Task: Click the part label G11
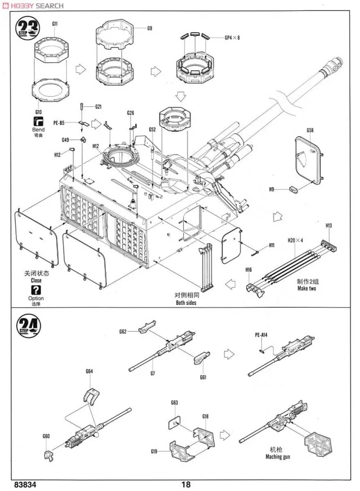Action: [x=55, y=24]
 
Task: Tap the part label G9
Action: [x=150, y=28]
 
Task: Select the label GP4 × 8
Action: [x=232, y=38]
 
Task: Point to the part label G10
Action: [x=38, y=112]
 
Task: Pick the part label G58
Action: [x=310, y=131]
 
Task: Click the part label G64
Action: [x=89, y=371]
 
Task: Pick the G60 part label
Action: [x=46, y=436]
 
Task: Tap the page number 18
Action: [x=187, y=484]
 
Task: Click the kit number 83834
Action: [x=26, y=484]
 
